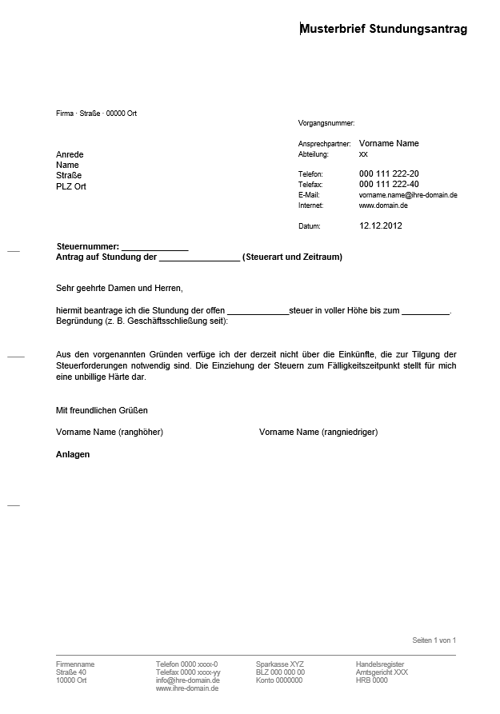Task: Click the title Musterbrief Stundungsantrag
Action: (x=383, y=29)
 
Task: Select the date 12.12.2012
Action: (x=381, y=225)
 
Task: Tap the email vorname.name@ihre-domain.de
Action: (x=408, y=195)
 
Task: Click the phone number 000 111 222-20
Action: (x=389, y=174)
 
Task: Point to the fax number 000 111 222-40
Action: (x=389, y=184)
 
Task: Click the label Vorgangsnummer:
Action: (x=326, y=123)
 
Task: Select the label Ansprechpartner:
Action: (x=325, y=144)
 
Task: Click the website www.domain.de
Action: (x=383, y=205)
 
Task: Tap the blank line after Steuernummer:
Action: (x=154, y=247)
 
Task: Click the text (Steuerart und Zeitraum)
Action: (x=292, y=257)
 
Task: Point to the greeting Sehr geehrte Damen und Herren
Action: (x=120, y=288)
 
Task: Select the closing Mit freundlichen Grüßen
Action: (x=102, y=410)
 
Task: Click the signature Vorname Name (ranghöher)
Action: (x=110, y=432)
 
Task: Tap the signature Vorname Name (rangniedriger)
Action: (x=318, y=432)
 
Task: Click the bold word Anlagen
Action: (x=73, y=454)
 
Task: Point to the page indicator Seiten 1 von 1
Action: (x=434, y=640)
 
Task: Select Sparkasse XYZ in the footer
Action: (x=280, y=664)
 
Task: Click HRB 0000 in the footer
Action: (x=371, y=680)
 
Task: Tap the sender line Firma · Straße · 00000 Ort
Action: (x=96, y=114)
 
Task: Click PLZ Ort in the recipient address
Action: (x=71, y=186)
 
